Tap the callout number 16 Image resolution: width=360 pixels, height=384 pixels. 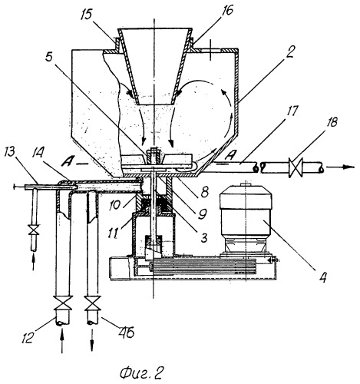point(226,11)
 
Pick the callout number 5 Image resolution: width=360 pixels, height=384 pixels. point(49,58)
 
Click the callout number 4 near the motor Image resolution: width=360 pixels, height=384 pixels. point(323,276)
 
